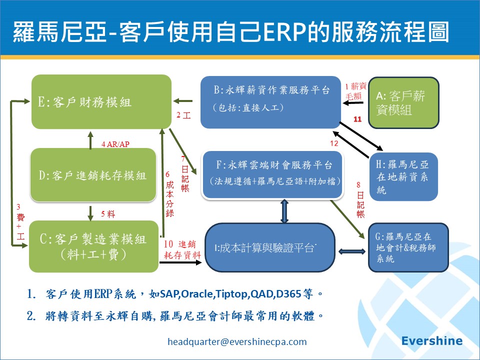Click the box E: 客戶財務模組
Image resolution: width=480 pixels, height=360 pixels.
tap(101, 101)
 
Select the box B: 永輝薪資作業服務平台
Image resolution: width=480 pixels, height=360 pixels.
tap(270, 101)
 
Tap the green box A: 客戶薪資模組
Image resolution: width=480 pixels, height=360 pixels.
tap(403, 102)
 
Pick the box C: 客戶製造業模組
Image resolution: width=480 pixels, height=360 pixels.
tap(93, 246)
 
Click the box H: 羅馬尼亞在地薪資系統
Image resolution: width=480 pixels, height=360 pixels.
tap(403, 176)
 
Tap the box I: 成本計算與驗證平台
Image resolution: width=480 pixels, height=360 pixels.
tap(270, 248)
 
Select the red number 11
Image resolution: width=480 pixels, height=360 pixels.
tap(357, 119)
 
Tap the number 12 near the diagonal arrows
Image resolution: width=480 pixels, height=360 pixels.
tap(334, 143)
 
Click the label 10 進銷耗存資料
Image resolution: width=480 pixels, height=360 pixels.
tap(182, 249)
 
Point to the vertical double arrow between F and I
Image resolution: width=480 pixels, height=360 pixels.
tap(284, 210)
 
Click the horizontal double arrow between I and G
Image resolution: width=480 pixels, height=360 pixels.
tap(352, 251)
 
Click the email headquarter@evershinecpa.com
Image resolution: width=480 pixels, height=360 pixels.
tap(237, 341)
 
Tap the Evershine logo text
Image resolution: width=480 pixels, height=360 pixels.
tap(432, 341)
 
